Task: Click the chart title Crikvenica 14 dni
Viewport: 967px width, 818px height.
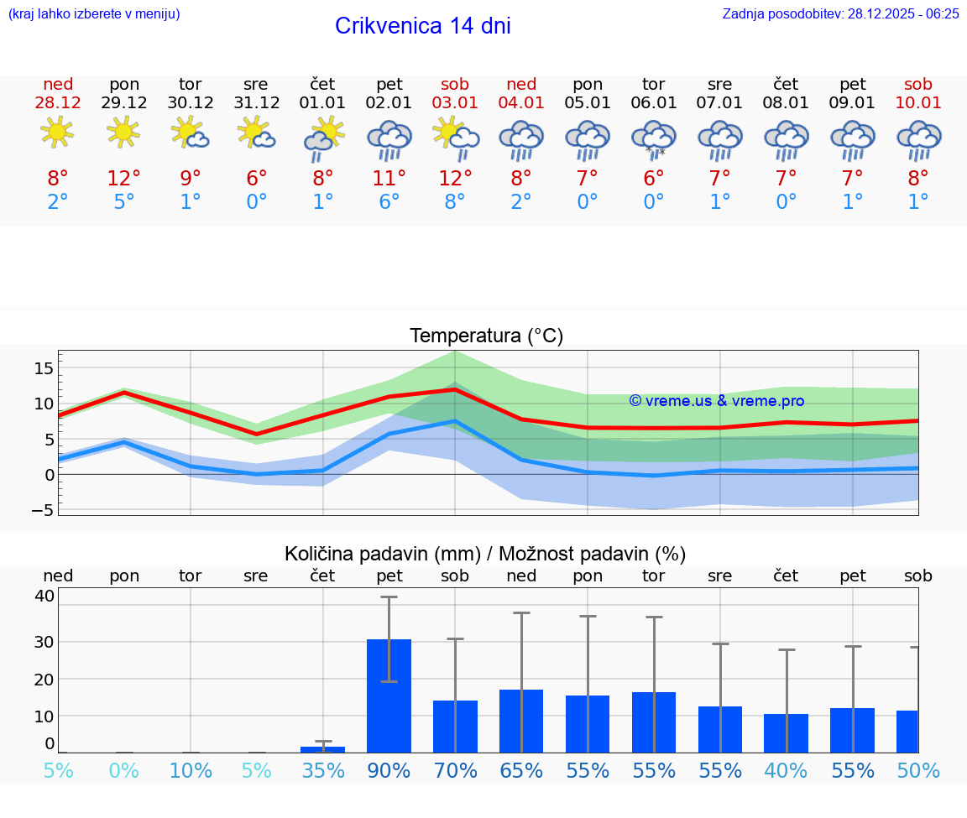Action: [422, 26]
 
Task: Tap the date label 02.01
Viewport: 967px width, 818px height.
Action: [389, 103]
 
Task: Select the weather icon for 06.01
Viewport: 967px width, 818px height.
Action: [654, 139]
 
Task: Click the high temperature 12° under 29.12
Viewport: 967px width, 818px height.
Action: [124, 179]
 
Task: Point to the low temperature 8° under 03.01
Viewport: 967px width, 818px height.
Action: [455, 202]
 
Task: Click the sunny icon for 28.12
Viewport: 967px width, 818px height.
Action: [57, 133]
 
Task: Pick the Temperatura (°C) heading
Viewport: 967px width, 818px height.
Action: [486, 336]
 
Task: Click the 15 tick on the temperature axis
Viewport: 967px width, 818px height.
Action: [44, 368]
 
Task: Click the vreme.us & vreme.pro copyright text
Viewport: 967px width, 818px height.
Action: [717, 401]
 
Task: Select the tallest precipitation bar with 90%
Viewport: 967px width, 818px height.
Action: [389, 696]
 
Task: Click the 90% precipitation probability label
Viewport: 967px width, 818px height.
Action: [389, 770]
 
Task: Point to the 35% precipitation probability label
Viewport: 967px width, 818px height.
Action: [323, 770]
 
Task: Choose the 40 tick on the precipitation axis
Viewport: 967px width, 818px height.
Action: [44, 596]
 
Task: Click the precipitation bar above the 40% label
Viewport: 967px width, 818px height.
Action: [786, 733]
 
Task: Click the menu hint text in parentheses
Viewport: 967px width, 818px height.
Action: [94, 13]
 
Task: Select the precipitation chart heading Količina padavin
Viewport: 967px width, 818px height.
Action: [485, 554]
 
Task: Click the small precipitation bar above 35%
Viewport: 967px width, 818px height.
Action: [323, 749]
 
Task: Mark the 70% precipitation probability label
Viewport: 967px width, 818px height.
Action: [455, 770]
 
